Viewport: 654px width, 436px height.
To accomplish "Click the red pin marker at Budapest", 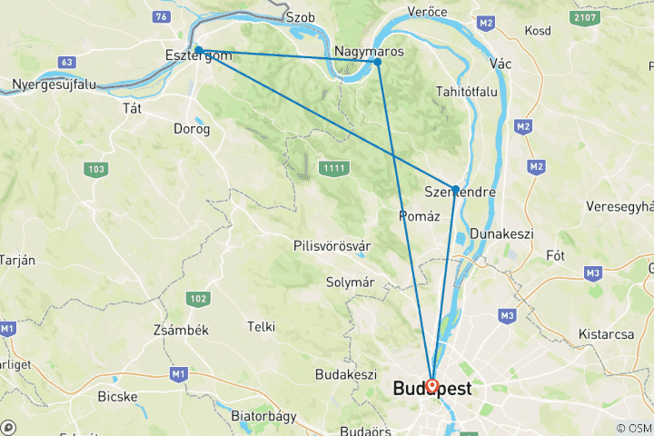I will click(431, 386).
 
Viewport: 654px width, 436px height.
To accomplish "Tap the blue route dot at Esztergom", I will click(198, 50).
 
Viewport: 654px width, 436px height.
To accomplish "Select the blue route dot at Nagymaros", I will click(377, 62).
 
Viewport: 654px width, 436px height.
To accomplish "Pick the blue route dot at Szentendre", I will click(455, 189).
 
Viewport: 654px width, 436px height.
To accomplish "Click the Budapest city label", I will click(431, 390).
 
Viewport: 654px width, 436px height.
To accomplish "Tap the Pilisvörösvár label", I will click(332, 246).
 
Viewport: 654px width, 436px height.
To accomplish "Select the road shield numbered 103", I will click(95, 169).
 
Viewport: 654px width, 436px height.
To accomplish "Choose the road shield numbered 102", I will click(197, 299).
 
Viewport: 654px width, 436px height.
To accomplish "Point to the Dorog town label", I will click(192, 129).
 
